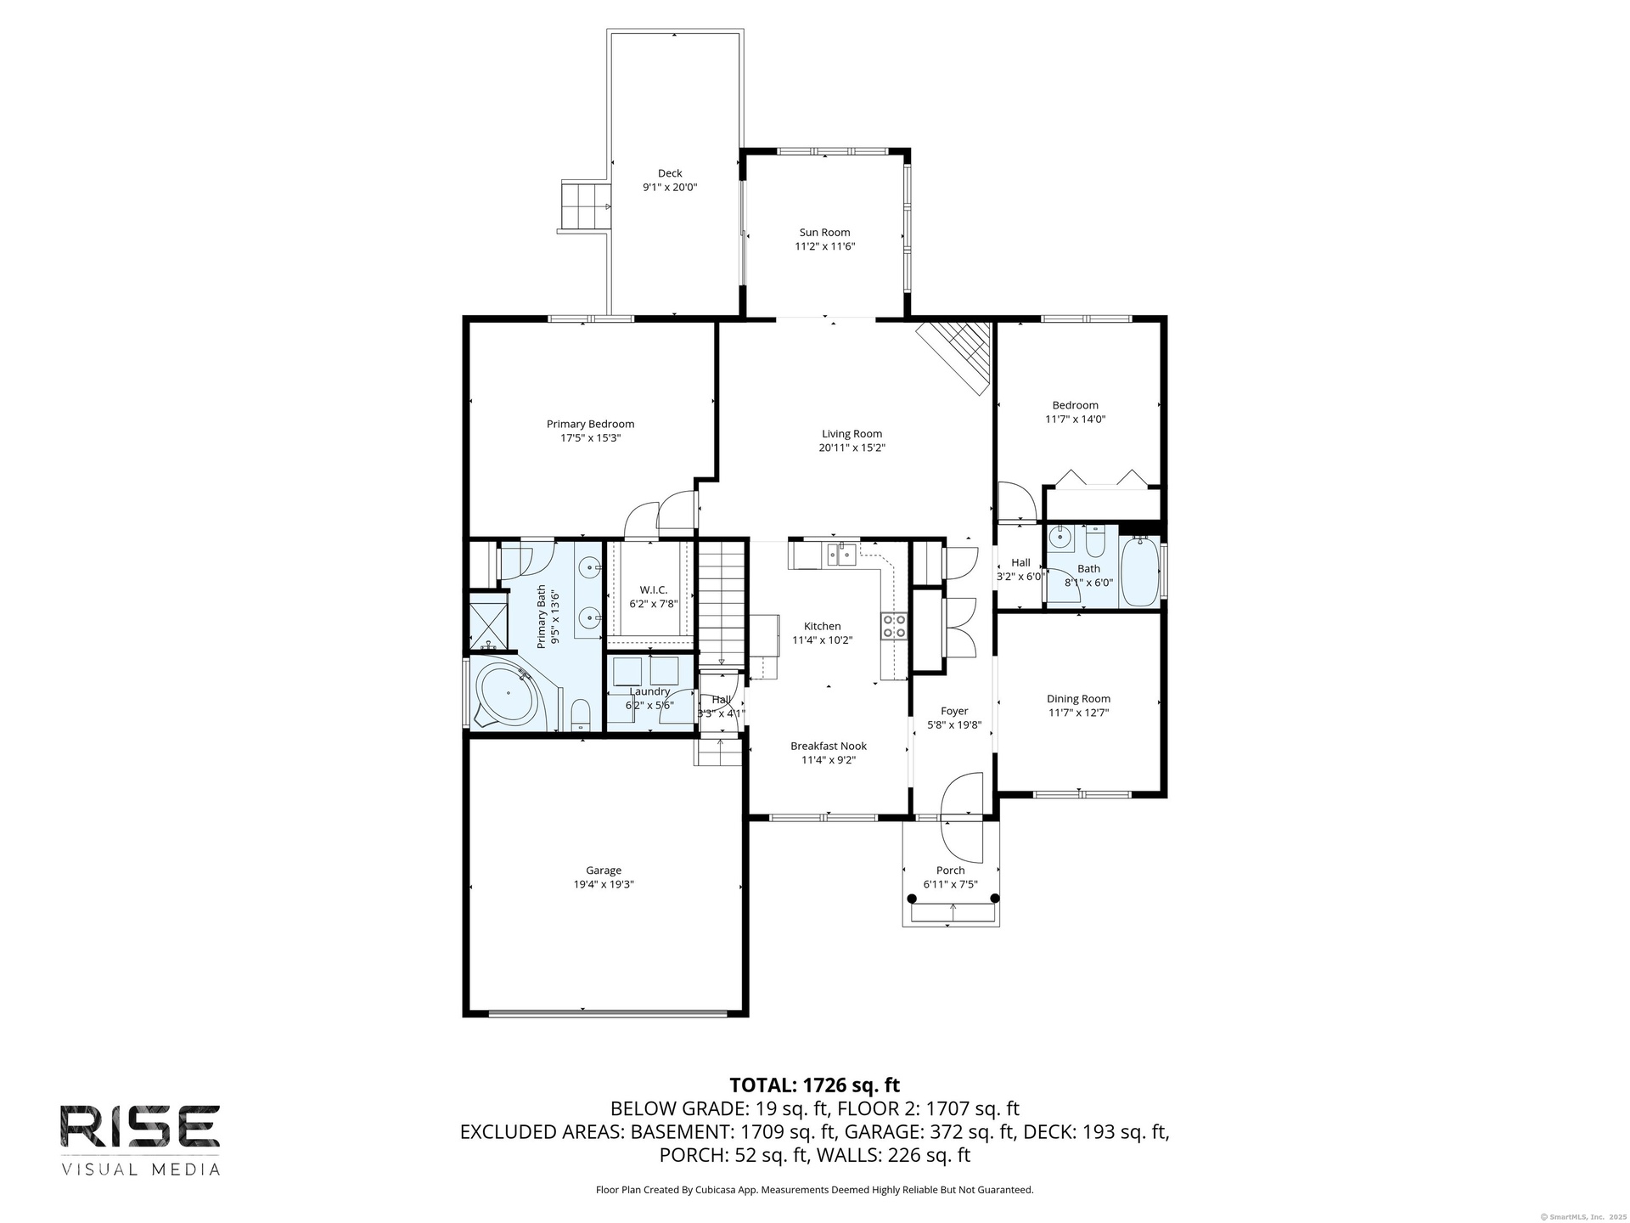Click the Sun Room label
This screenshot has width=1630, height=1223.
click(x=824, y=233)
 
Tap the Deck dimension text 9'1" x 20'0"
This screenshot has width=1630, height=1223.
click(x=670, y=187)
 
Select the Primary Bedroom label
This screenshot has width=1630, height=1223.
click(x=590, y=424)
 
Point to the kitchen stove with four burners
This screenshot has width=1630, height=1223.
click(x=894, y=626)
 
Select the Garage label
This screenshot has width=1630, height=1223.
click(x=604, y=870)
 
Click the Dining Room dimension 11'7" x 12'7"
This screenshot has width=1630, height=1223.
click(x=1078, y=713)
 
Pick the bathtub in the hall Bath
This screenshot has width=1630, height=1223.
click(x=1139, y=572)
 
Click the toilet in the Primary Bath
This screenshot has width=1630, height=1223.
click(x=582, y=713)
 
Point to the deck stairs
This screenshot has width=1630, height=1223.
click(x=585, y=206)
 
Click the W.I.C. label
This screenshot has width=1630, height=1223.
click(x=654, y=589)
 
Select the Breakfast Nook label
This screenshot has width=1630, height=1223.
click(x=829, y=746)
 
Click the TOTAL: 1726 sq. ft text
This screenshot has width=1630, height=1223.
click(x=815, y=1085)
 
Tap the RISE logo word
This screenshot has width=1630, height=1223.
click(x=140, y=1125)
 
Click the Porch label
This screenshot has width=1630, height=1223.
click(x=951, y=870)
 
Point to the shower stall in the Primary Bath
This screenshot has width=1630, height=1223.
click(x=488, y=623)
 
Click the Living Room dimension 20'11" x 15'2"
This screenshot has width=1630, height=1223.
click(x=852, y=448)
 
